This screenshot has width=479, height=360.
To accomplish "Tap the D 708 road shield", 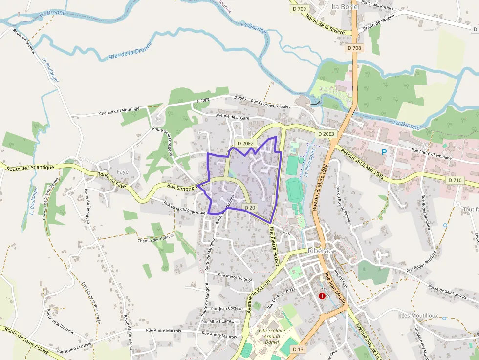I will coord(355,48).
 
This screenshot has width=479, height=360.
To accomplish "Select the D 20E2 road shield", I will coord(245,143).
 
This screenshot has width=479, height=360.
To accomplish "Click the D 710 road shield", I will coord(455,180).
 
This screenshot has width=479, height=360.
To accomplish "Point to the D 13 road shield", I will coord(298,350).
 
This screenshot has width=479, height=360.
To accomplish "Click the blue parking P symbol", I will coord(384,152).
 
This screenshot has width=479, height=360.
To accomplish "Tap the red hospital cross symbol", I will coord(322,296).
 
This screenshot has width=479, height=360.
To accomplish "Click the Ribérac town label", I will coord(320,251).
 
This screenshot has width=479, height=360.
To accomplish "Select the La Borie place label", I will coord(345,7).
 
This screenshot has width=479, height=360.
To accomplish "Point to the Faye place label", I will coord(122,172).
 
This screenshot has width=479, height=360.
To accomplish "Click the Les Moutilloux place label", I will coord(419,316).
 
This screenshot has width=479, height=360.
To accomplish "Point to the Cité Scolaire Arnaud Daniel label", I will coord(268,336).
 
